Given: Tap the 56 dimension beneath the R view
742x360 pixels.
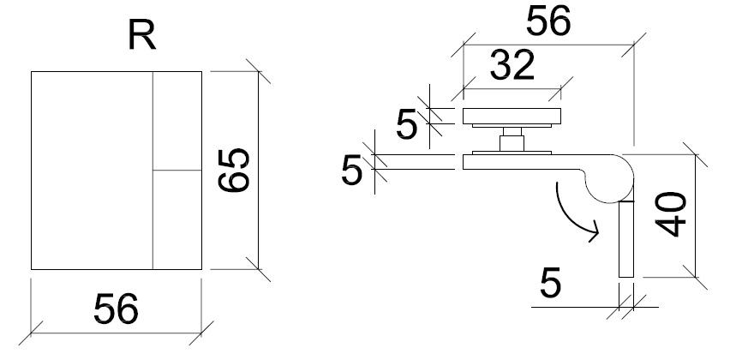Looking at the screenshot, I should [x=117, y=309].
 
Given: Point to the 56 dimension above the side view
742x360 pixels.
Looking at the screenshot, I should [x=548, y=23].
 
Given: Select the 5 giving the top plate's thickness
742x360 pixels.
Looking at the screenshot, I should [x=407, y=123].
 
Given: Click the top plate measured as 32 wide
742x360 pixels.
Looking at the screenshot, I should [x=512, y=117].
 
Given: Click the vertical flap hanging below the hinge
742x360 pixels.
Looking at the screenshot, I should [x=625, y=239].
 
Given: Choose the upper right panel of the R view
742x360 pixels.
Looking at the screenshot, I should [x=177, y=121].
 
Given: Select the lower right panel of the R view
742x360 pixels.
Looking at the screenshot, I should [x=177, y=219].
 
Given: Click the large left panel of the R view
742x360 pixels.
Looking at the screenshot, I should [x=92, y=170].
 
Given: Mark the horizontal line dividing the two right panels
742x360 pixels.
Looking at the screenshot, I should [x=177, y=171].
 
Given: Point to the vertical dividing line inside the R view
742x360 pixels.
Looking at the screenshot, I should [x=153, y=170].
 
